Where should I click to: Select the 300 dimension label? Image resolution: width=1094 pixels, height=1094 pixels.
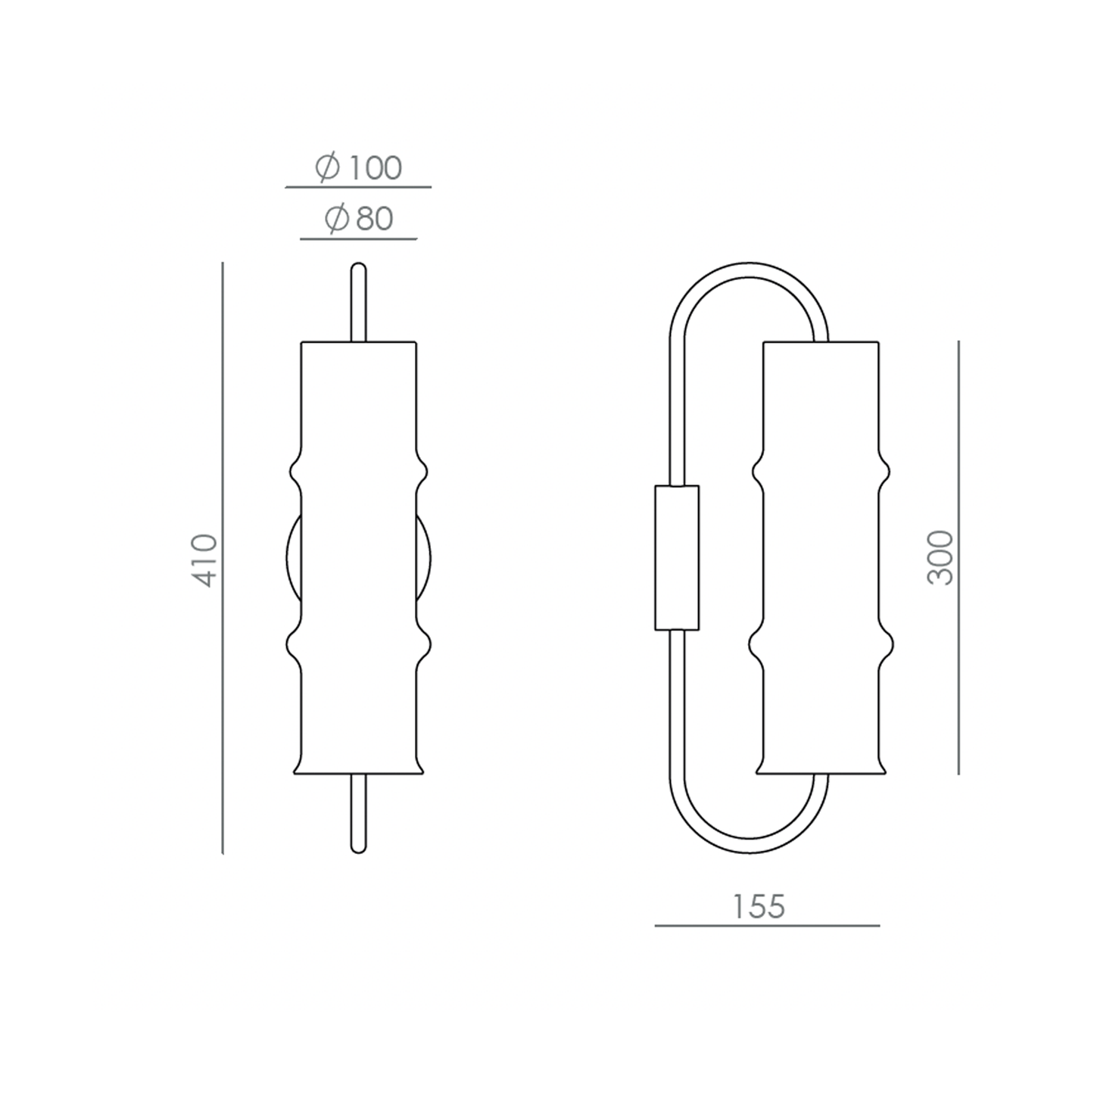(940, 557)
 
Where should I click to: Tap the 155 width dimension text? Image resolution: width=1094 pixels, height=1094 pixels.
(759, 907)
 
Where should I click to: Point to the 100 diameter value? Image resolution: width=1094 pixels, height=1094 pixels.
(375, 167)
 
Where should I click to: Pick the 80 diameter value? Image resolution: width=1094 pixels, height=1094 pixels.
(375, 219)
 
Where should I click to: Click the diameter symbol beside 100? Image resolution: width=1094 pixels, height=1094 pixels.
(328, 167)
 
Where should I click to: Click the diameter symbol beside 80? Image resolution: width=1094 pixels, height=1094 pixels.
(337, 219)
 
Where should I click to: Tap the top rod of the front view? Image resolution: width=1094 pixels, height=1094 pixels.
(358, 302)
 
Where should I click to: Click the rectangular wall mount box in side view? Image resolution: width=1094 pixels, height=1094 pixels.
(677, 557)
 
